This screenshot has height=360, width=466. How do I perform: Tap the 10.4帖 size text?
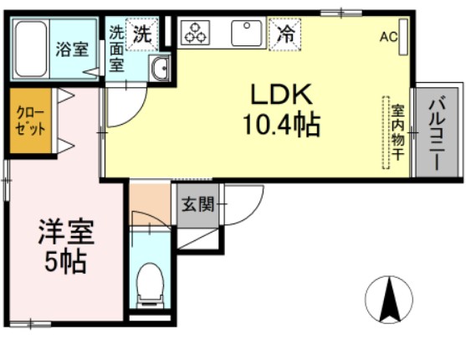tap(281, 126)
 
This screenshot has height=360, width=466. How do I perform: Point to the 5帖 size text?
tap(65, 261)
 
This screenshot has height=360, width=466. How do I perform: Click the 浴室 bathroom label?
tap(72, 49)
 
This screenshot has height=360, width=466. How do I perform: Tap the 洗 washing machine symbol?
tap(143, 34)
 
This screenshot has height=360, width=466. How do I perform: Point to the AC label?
tap(387, 37)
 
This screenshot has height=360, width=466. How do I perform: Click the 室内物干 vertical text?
tap(398, 132)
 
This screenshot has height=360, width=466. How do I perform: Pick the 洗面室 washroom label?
tap(116, 48)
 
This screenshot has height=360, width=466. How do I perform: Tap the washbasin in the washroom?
tap(159, 68)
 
